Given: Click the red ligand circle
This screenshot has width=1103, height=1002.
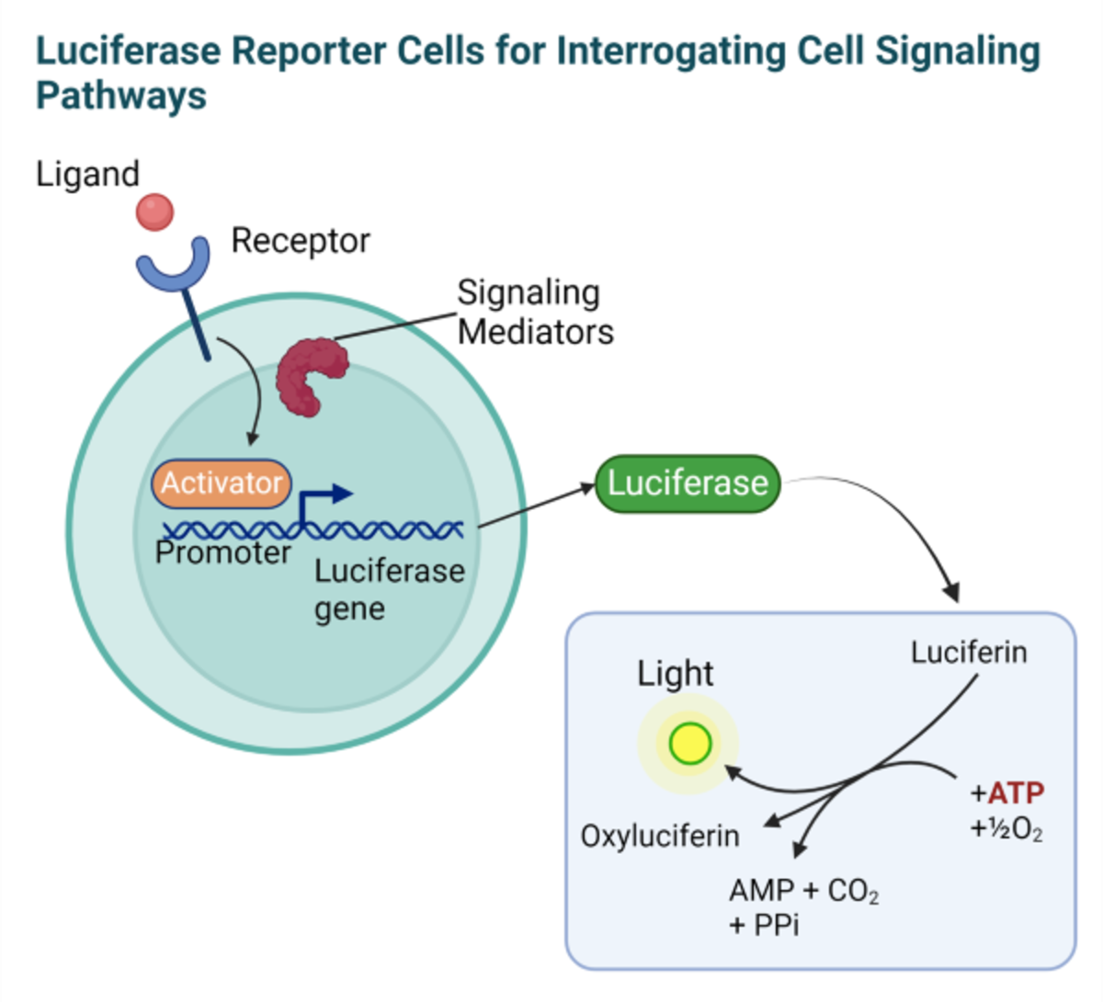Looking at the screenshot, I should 154,212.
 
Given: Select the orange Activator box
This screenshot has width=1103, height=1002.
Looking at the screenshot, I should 222,483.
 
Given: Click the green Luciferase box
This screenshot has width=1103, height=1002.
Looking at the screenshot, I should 688,483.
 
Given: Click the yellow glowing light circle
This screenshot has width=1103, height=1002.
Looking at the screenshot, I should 689,744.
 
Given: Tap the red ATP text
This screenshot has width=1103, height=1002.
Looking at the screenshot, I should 1016,792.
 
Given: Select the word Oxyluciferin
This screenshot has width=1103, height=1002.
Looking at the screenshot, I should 660,836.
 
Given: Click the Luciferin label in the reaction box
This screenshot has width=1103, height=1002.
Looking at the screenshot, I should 969,653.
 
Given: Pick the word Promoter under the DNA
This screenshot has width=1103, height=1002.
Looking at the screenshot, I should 222,552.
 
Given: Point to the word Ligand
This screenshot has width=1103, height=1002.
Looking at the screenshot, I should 87,174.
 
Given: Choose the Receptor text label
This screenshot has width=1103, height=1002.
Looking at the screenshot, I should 301,241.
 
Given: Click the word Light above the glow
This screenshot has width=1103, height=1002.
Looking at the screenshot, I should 675,674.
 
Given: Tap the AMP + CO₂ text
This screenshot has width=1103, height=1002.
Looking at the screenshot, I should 803,891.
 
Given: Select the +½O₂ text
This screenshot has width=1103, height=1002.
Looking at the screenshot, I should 1006,830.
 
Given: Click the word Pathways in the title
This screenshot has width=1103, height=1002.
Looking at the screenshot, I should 121,96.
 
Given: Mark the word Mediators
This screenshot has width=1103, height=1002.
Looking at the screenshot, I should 536,331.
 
